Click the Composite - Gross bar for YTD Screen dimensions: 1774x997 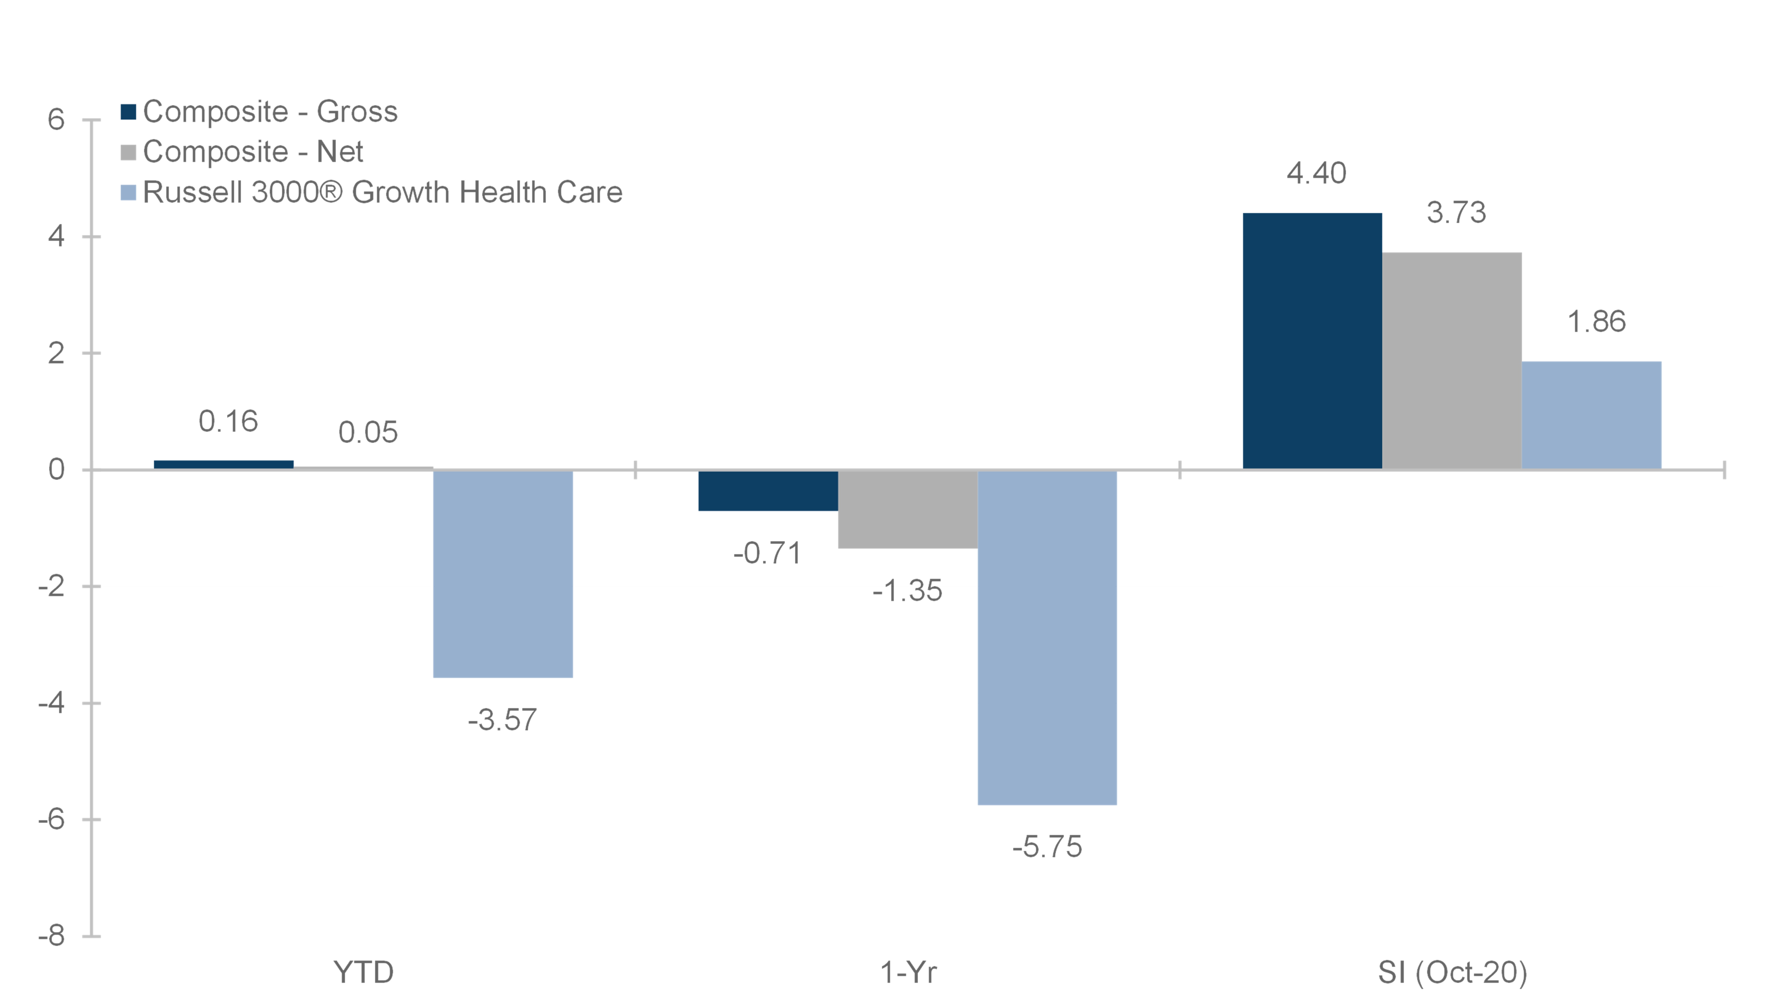pyautogui.click(x=224, y=465)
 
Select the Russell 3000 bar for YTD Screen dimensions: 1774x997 pyautogui.click(x=503, y=574)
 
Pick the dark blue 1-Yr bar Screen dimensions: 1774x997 pyautogui.click(x=768, y=490)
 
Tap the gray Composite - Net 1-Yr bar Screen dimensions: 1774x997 pyautogui.click(x=908, y=509)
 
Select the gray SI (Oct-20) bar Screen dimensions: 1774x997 pyautogui.click(x=1452, y=361)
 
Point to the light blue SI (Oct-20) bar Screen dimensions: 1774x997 pyautogui.click(x=1591, y=415)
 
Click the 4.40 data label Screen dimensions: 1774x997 pyautogui.click(x=1316, y=173)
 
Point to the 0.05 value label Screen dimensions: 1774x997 pyautogui.click(x=368, y=432)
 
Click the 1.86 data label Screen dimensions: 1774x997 pyautogui.click(x=1596, y=322)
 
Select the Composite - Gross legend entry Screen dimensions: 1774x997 pyautogui.click(x=259, y=112)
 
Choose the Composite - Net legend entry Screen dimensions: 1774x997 pyautogui.click(x=242, y=152)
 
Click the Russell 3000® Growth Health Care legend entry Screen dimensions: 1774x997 pyautogui.click(x=371, y=192)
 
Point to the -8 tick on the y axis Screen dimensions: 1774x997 pyautogui.click(x=52, y=936)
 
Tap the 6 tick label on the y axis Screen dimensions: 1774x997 pyautogui.click(x=56, y=120)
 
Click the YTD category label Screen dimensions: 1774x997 pyautogui.click(x=364, y=972)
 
